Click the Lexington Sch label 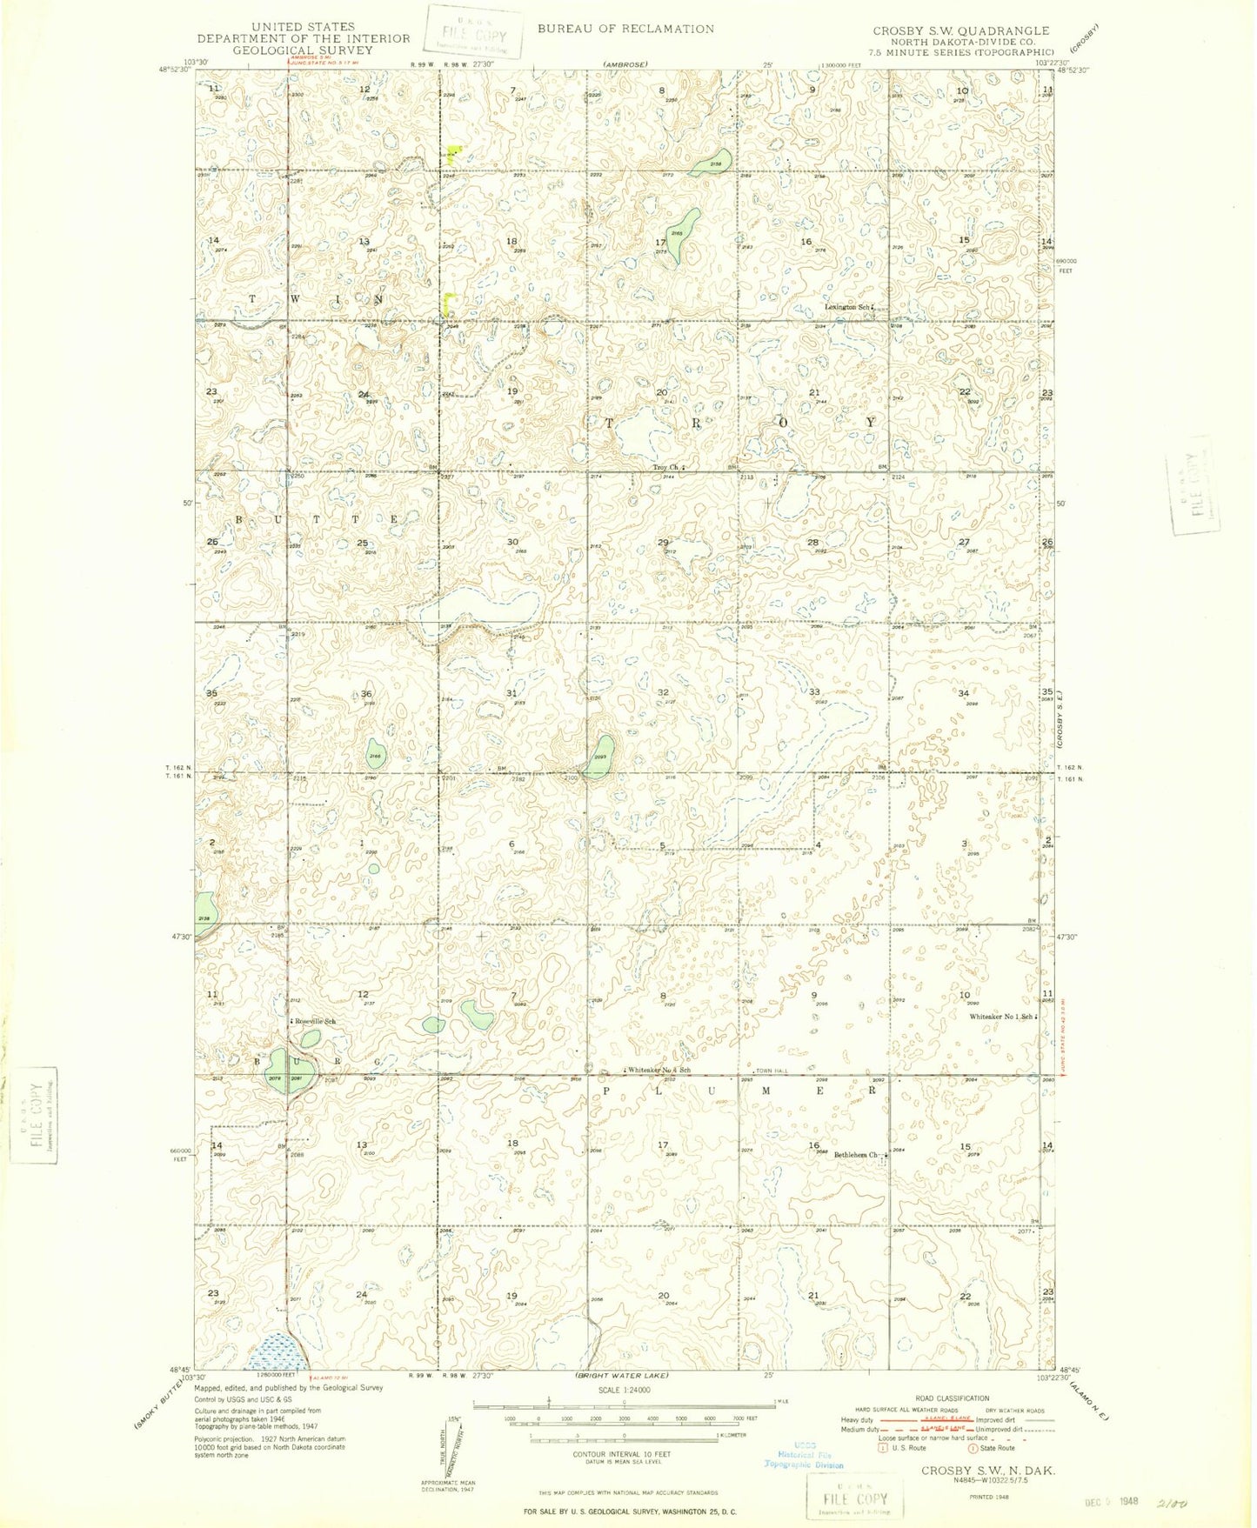(847, 307)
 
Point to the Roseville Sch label (314, 1021)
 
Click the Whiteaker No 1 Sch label (1002, 1017)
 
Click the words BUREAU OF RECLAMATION (625, 29)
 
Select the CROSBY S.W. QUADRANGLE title (961, 30)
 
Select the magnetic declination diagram (451, 1449)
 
